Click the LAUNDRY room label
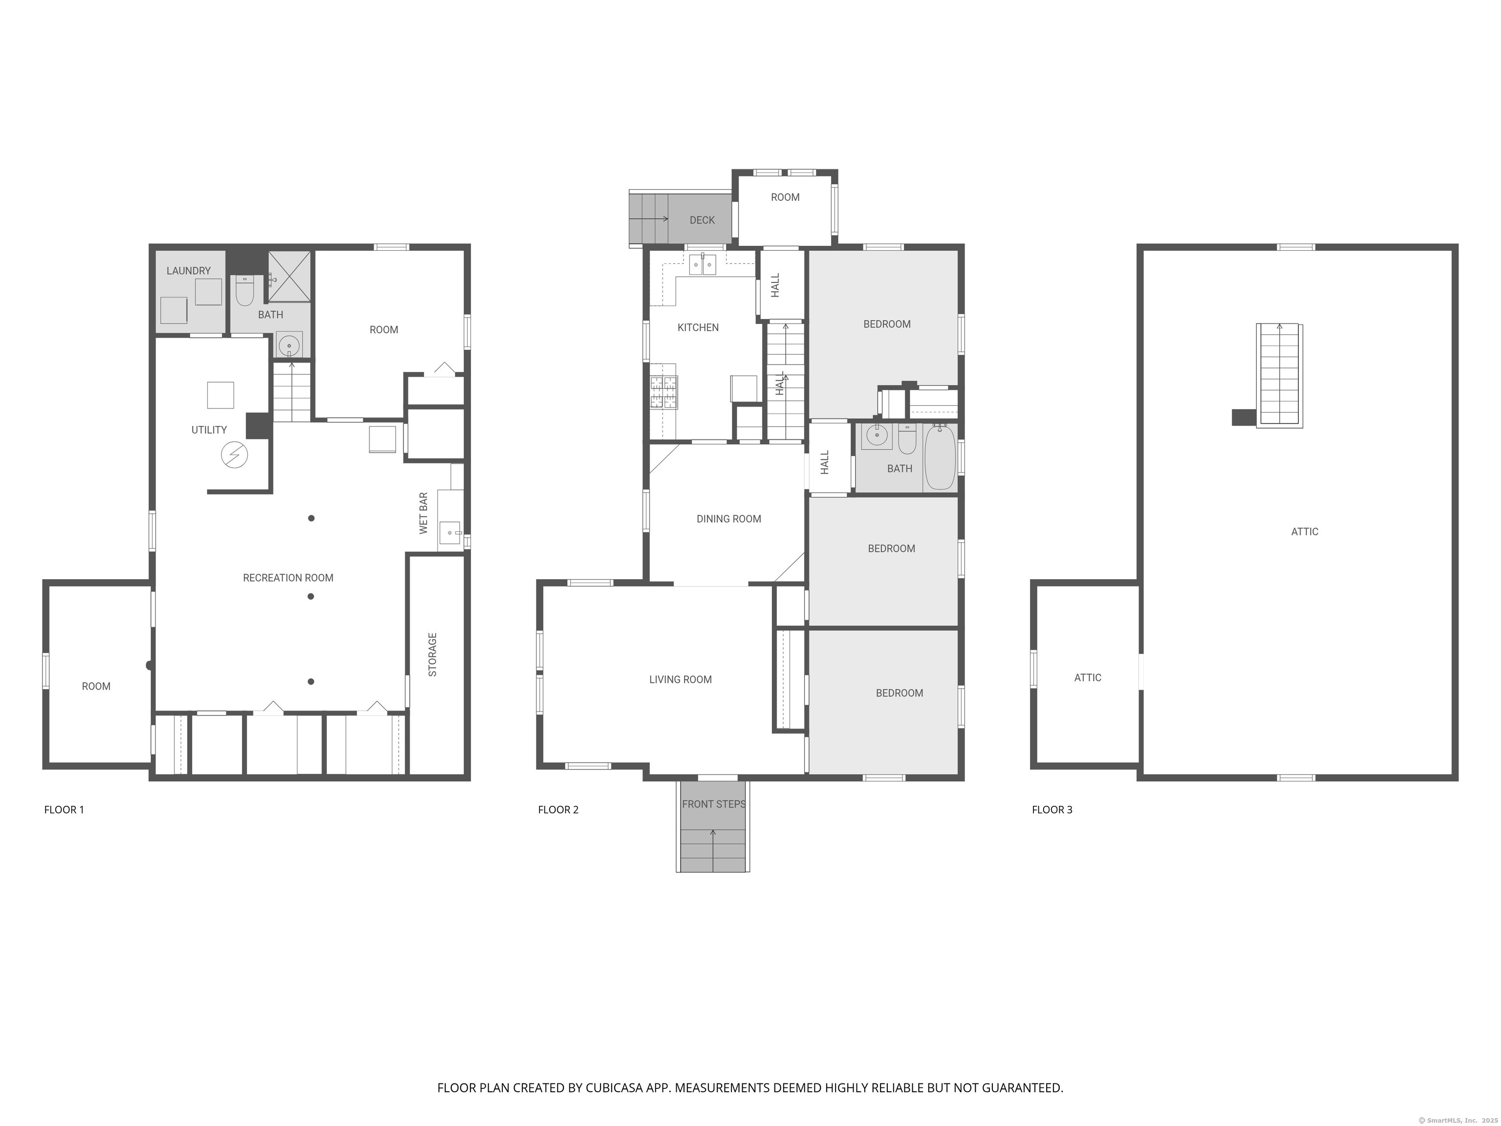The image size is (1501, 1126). (189, 271)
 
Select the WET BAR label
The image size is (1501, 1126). (424, 513)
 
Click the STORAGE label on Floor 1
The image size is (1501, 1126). (432, 655)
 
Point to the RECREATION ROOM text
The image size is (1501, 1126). (288, 578)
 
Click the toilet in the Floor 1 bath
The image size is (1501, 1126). (244, 290)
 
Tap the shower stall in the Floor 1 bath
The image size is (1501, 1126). (290, 276)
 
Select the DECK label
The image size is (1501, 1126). (702, 220)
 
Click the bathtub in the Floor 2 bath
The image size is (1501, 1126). (940, 457)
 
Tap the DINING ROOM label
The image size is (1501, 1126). (729, 519)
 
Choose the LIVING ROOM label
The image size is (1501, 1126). (681, 679)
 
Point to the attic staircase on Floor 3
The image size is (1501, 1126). (1280, 375)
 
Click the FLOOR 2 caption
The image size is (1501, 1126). (558, 810)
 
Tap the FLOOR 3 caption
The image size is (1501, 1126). (1052, 810)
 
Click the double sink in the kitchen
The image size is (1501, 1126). (702, 265)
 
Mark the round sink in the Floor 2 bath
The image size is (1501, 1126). (877, 436)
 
